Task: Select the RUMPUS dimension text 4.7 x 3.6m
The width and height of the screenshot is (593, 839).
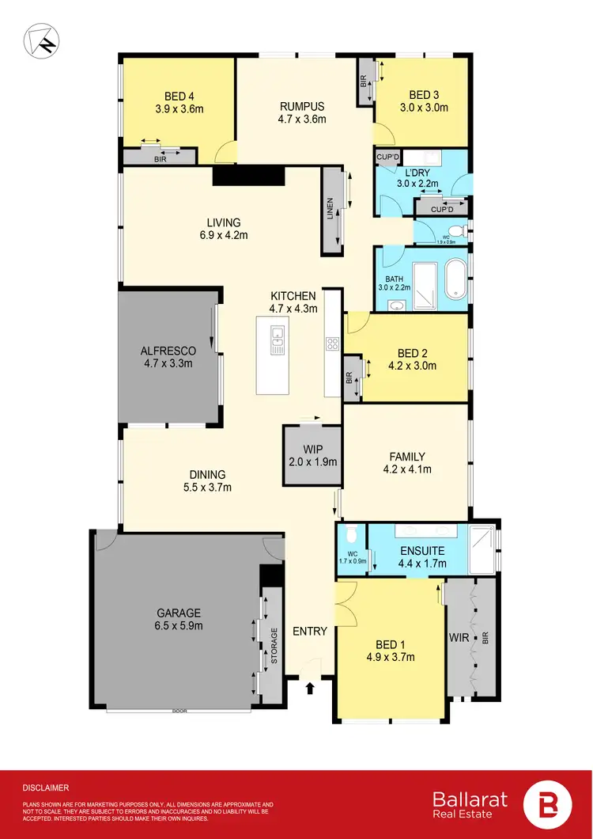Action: tap(303, 120)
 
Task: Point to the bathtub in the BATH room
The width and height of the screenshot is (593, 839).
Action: tap(455, 282)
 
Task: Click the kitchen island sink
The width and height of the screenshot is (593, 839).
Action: tap(276, 341)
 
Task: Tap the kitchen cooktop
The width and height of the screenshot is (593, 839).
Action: tap(333, 344)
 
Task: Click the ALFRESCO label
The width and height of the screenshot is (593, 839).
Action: tap(168, 351)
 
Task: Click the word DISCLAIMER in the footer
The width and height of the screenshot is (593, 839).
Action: tap(45, 788)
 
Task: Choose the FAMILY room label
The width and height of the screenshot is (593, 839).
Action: tap(407, 457)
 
